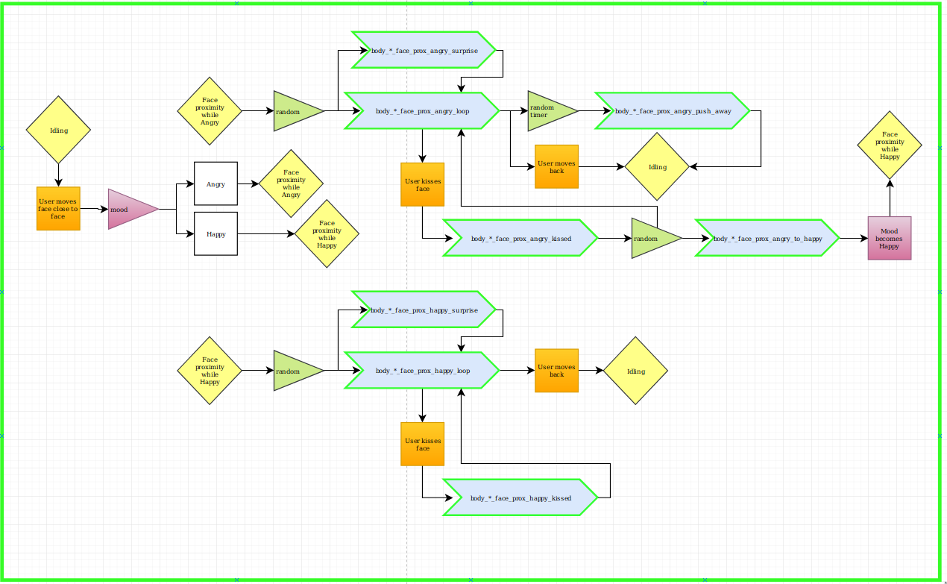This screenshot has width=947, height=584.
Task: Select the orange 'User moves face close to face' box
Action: click(58, 209)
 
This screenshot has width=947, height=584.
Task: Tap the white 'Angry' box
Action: click(215, 183)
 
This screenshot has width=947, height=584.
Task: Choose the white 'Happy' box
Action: click(215, 234)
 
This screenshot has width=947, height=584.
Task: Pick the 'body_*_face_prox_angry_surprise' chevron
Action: click(424, 50)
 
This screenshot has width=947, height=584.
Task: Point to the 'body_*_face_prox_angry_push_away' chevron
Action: click(672, 111)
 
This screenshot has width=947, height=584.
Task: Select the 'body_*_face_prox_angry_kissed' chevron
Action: click(520, 238)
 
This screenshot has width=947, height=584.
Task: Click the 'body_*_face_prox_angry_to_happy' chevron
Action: click(767, 238)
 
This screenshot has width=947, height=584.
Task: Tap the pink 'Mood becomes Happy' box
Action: click(890, 238)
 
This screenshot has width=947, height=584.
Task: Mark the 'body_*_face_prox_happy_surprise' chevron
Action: click(424, 310)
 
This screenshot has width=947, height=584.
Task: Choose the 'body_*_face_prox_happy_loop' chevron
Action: click(422, 371)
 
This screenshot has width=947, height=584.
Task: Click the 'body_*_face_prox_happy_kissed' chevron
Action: click(520, 497)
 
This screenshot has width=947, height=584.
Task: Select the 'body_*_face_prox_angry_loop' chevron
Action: click(422, 111)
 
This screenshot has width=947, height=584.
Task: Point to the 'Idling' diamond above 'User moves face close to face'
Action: click(58, 130)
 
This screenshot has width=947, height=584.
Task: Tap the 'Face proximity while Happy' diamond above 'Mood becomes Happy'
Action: click(890, 145)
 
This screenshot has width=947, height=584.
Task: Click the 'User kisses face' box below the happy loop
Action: click(422, 444)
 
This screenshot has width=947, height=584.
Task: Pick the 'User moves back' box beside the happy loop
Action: click(556, 371)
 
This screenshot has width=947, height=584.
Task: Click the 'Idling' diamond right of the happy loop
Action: click(635, 371)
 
